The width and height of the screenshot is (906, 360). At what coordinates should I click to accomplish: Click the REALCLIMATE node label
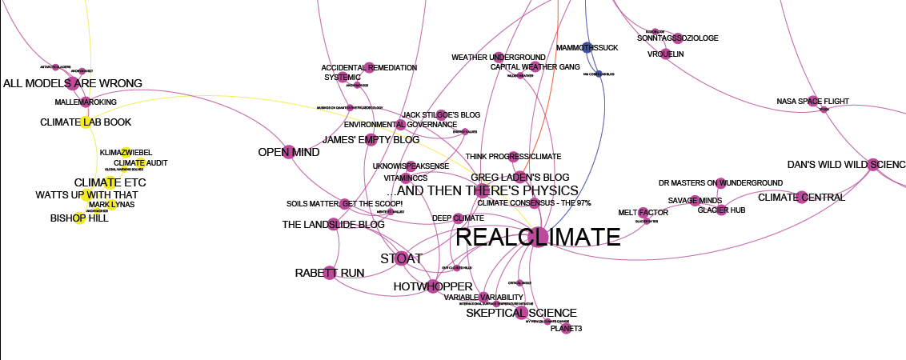(x=537, y=237)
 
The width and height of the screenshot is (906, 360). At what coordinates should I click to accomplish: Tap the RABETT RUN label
(x=330, y=273)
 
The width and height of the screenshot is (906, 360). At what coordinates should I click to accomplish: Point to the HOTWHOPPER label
(x=433, y=286)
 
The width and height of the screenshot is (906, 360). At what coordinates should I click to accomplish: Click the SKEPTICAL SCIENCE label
(x=521, y=313)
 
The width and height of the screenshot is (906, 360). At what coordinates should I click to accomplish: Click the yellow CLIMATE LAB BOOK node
(x=86, y=122)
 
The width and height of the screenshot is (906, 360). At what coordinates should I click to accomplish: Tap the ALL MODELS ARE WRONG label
(x=73, y=83)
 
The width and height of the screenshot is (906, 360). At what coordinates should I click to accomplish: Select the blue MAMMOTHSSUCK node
(x=587, y=48)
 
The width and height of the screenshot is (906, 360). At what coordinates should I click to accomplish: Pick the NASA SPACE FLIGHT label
(x=812, y=101)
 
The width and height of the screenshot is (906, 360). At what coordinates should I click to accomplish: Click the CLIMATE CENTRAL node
(x=801, y=198)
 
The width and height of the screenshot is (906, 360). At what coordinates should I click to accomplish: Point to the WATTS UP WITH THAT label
(x=86, y=194)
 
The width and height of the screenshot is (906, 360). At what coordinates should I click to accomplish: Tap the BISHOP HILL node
(x=79, y=218)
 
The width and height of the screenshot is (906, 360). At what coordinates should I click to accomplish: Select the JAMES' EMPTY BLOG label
(x=371, y=140)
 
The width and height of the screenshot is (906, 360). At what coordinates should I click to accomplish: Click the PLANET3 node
(x=567, y=328)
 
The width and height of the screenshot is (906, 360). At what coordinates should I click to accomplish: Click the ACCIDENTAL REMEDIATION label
(x=369, y=68)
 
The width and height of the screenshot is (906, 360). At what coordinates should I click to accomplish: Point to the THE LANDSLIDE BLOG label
(x=333, y=225)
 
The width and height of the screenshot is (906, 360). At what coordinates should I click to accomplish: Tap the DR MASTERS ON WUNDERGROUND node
(x=720, y=183)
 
